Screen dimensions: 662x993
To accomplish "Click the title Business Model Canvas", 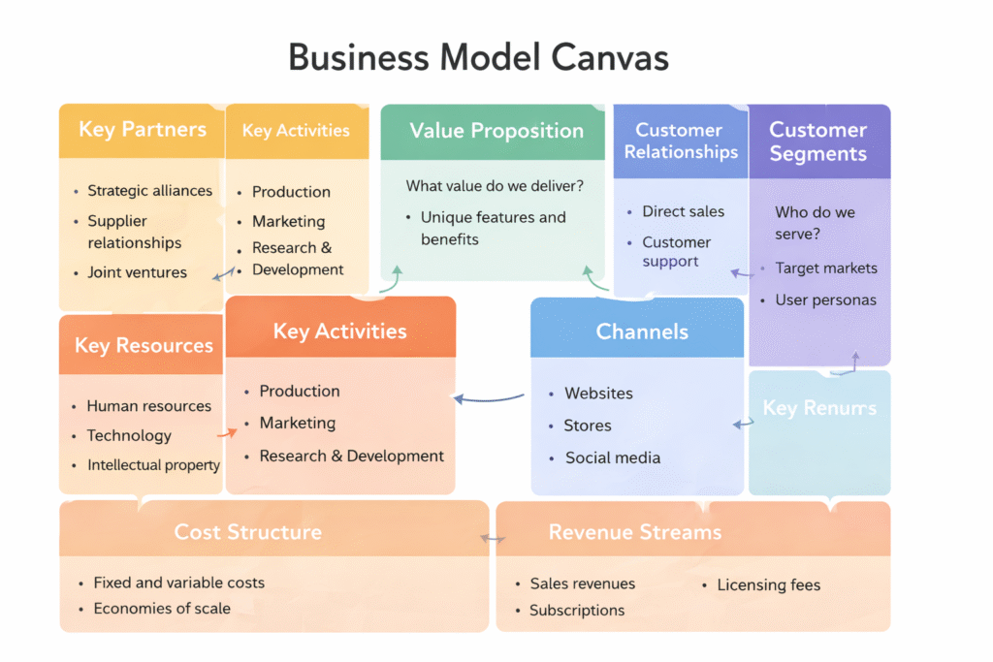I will pyautogui.click(x=478, y=58).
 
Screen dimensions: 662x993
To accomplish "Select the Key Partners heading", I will pyautogui.click(x=142, y=130).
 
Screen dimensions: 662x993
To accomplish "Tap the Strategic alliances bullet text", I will pyautogui.click(x=149, y=191).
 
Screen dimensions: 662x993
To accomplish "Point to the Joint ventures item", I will pyautogui.click(x=137, y=272).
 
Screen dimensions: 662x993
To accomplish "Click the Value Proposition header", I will pyautogui.click(x=496, y=131).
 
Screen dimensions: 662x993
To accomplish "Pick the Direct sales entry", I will pyautogui.click(x=683, y=211).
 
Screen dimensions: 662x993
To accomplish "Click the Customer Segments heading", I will pyautogui.click(x=817, y=142).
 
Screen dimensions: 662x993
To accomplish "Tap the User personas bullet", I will pyautogui.click(x=825, y=300).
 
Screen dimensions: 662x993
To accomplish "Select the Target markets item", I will pyautogui.click(x=825, y=268).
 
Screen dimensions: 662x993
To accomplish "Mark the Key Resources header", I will pyautogui.click(x=144, y=346).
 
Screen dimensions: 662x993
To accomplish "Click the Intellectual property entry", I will pyautogui.click(x=153, y=465).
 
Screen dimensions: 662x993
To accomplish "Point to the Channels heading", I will pyautogui.click(x=642, y=331).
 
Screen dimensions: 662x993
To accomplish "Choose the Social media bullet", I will pyautogui.click(x=612, y=457).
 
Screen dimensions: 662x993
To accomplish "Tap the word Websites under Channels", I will pyautogui.click(x=598, y=394).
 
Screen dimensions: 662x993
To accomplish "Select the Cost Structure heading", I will pyautogui.click(x=247, y=532).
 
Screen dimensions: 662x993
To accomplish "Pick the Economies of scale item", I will pyautogui.click(x=161, y=609).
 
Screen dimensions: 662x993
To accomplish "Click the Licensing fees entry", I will pyautogui.click(x=768, y=584).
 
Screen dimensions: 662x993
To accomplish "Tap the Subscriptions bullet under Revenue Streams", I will pyautogui.click(x=576, y=611).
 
